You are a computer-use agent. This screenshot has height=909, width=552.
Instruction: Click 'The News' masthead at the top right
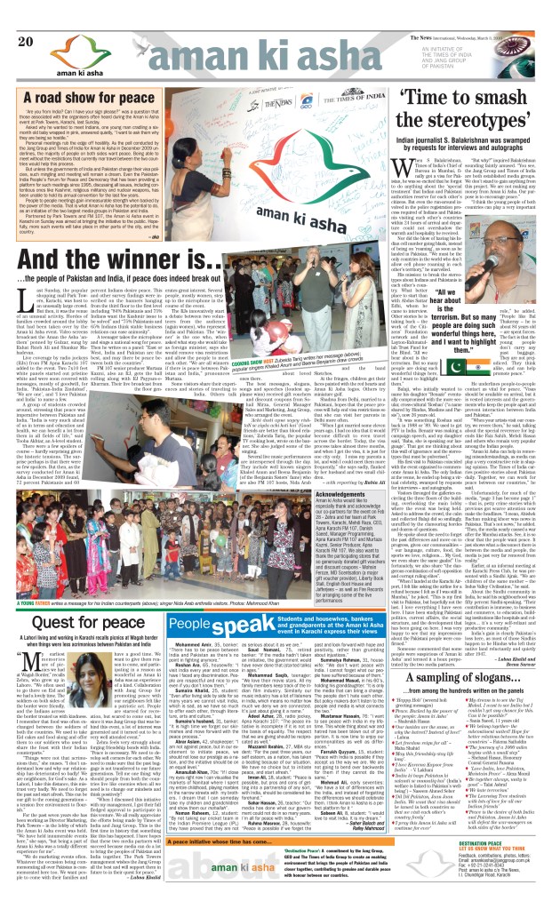coord(449,9)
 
